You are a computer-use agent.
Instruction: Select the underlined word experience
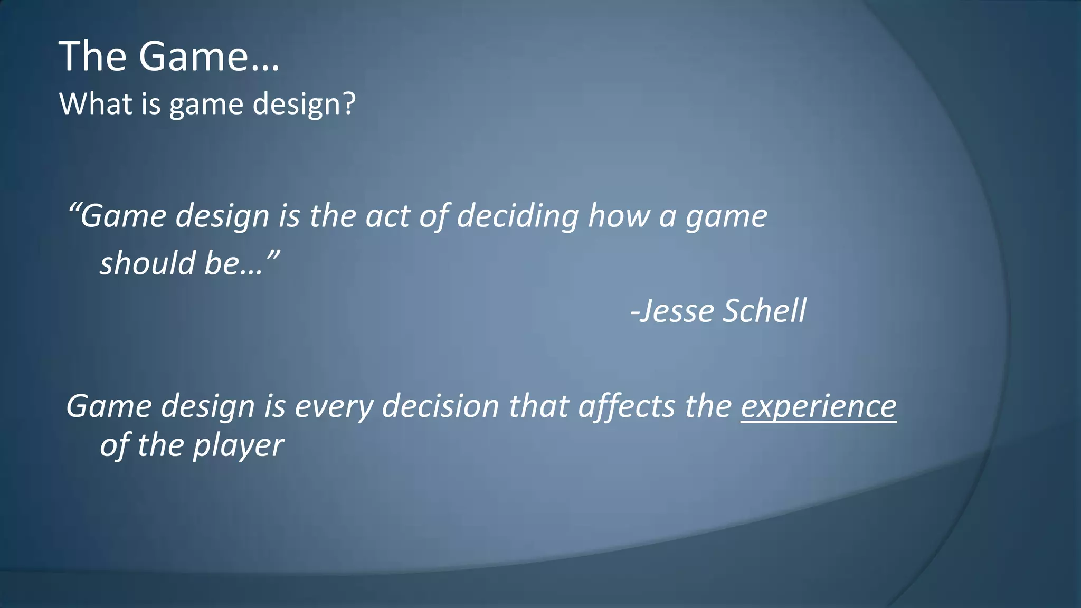click(819, 407)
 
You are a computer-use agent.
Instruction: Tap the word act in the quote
click(387, 216)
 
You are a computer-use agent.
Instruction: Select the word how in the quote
click(618, 216)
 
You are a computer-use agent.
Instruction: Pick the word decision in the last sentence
click(440, 406)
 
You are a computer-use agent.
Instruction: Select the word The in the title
click(92, 56)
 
